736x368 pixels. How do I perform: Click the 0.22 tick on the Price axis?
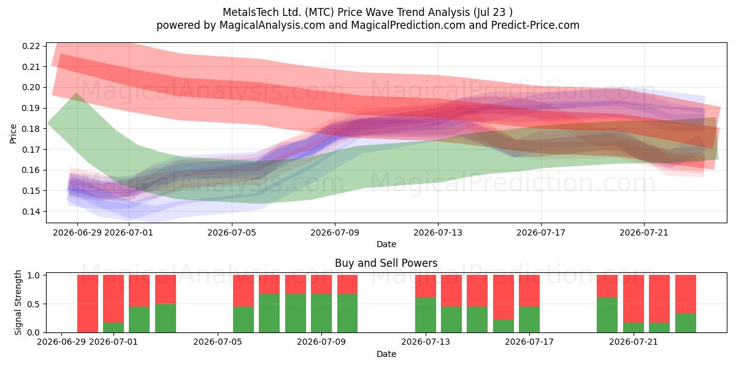pyautogui.click(x=31, y=46)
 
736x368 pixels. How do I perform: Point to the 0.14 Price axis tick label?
pyautogui.click(x=31, y=212)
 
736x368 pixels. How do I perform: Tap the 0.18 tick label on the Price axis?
pyautogui.click(x=31, y=129)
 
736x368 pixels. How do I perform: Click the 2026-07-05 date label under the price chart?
pyautogui.click(x=232, y=233)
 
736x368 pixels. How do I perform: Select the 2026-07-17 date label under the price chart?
pyautogui.click(x=541, y=233)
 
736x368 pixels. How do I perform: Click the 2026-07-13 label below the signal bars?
pyautogui.click(x=426, y=342)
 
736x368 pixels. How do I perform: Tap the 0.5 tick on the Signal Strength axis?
pyautogui.click(x=34, y=304)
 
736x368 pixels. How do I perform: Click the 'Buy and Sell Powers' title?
pyautogui.click(x=386, y=263)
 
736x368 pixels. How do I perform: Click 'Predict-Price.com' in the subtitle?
pyautogui.click(x=535, y=25)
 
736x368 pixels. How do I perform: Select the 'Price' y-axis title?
pyautogui.click(x=13, y=134)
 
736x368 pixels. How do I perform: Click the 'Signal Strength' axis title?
pyautogui.click(x=18, y=302)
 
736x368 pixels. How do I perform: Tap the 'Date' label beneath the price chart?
pyautogui.click(x=386, y=244)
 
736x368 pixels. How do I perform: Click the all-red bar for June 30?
pyautogui.click(x=88, y=304)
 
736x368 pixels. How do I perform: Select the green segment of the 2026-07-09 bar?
pyautogui.click(x=321, y=313)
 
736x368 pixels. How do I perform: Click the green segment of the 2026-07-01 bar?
pyautogui.click(x=113, y=328)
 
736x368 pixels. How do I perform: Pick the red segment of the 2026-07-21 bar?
pyautogui.click(x=634, y=299)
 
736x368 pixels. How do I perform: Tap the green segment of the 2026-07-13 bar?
pyautogui.click(x=426, y=315)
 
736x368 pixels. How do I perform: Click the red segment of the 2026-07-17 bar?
pyautogui.click(x=529, y=291)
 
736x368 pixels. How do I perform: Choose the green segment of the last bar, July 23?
pyautogui.click(x=686, y=323)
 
